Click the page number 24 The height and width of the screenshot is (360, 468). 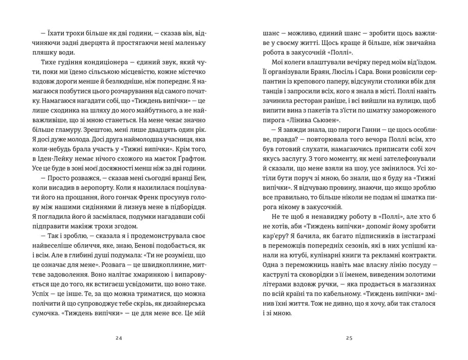pos(118,338)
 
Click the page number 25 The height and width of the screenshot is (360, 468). pos(349,338)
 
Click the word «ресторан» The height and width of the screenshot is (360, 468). pos(315,112)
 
